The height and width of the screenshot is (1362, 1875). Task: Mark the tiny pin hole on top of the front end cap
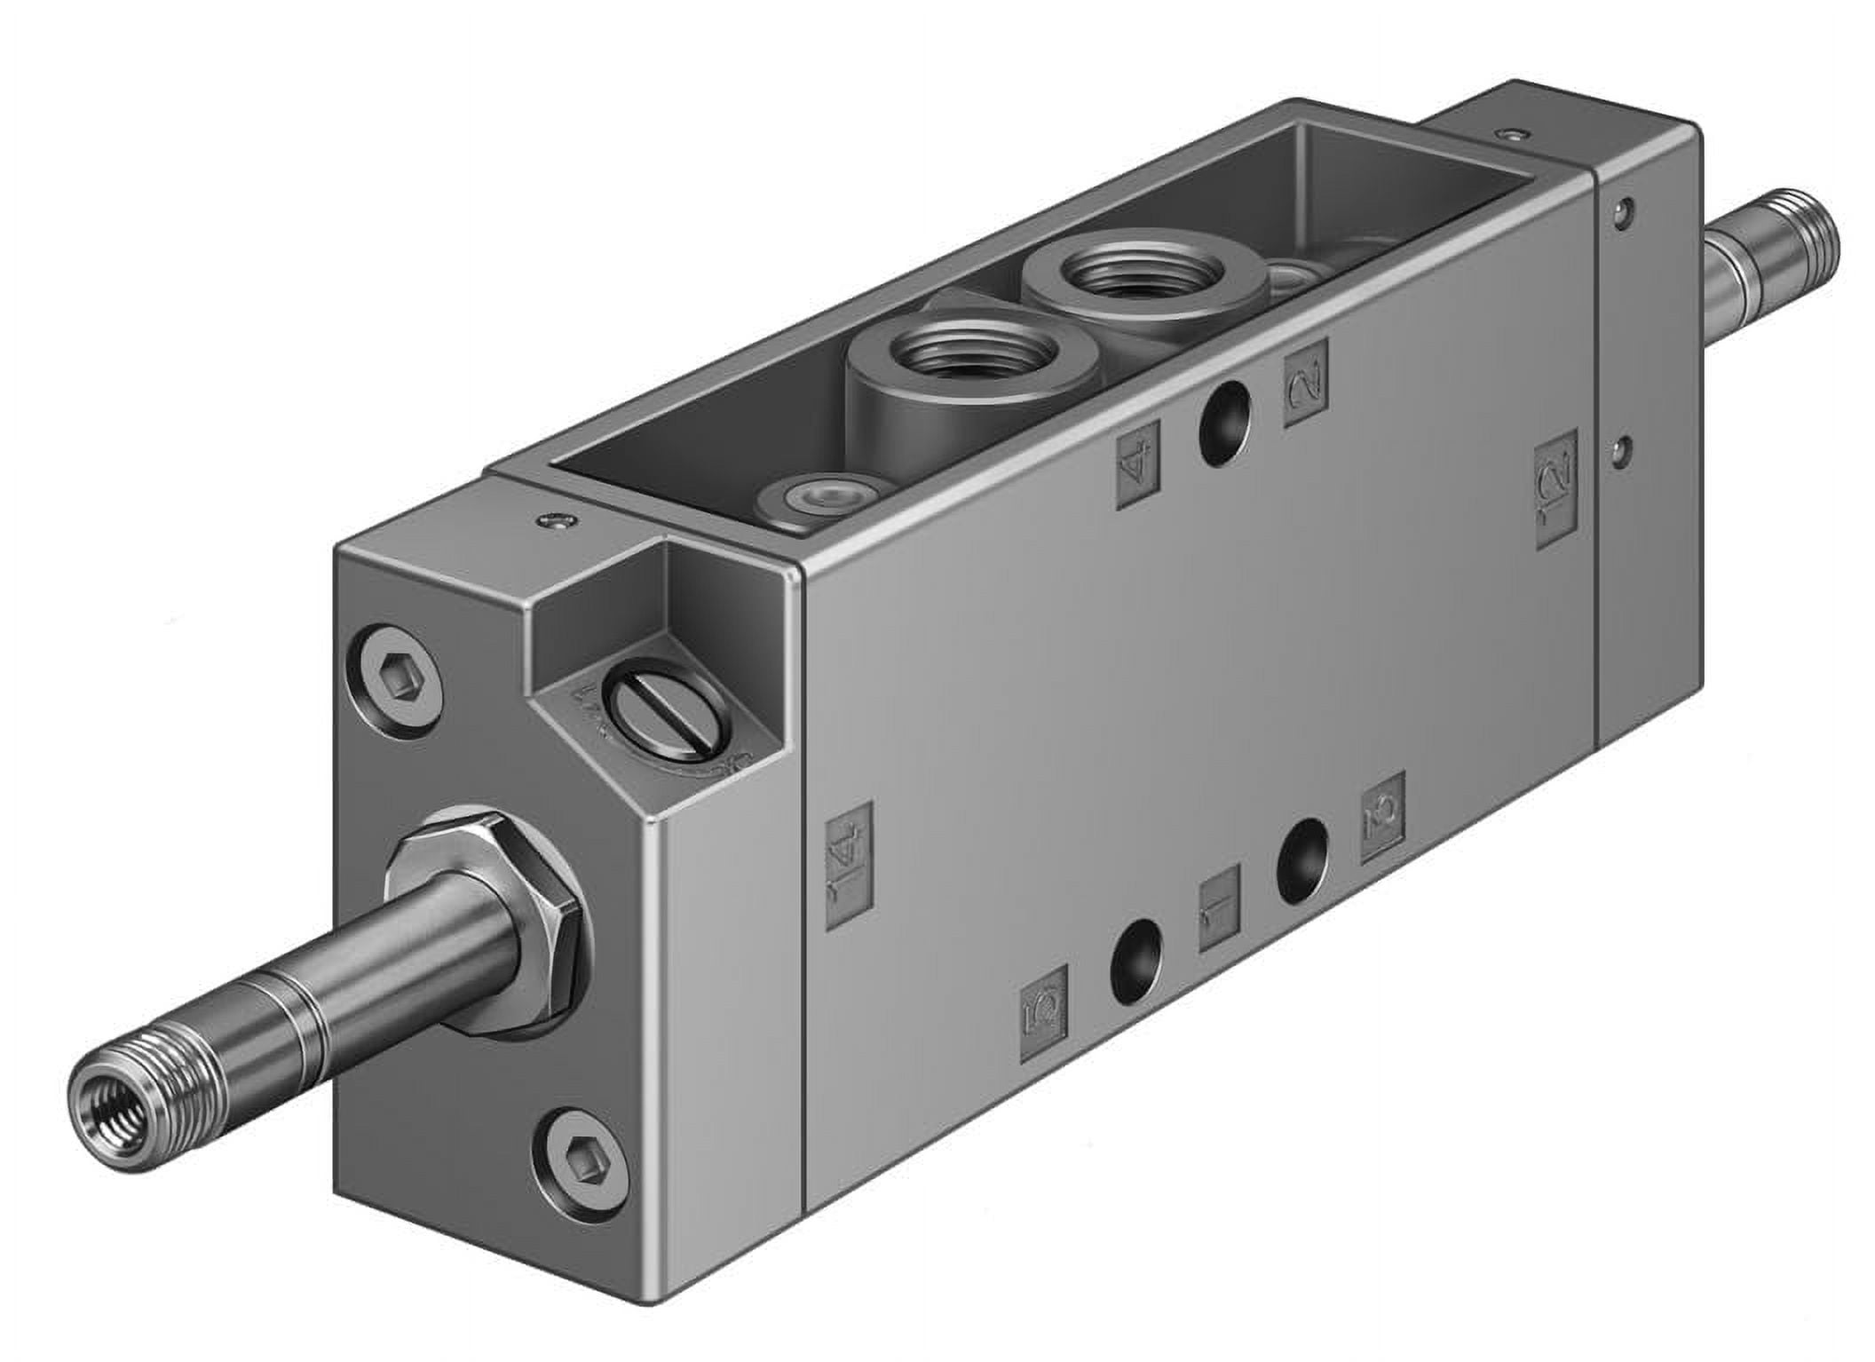click(555, 520)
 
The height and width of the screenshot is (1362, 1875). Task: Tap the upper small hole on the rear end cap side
click(1624, 210)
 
